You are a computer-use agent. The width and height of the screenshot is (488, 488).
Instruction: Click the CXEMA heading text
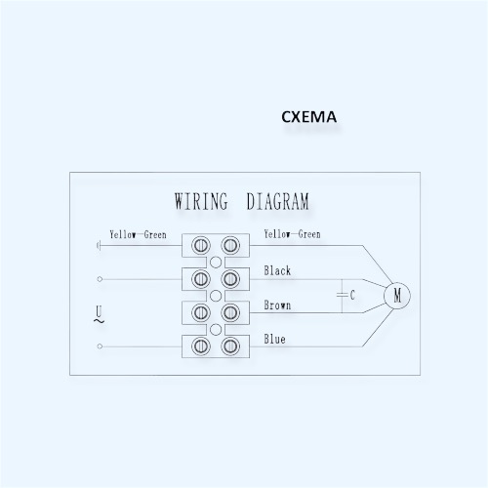pos(308,117)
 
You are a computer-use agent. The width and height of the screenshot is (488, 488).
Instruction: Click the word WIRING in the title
pos(201,201)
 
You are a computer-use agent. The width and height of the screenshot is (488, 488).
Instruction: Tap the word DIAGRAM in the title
pos(277,201)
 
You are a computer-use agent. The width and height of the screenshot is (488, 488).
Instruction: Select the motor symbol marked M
pos(397,296)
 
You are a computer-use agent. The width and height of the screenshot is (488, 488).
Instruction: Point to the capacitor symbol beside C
pos(342,296)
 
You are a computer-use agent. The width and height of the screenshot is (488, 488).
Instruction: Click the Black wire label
pos(277,270)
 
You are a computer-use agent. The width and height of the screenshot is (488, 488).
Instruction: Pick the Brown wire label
pos(277,305)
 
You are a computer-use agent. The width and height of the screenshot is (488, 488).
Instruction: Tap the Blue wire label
pos(274,339)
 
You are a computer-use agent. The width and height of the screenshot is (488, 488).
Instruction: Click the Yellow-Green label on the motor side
pos(292,234)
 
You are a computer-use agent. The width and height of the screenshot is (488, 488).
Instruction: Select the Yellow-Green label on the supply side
pos(138,234)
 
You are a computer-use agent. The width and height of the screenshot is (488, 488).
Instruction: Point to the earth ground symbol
pos(99,245)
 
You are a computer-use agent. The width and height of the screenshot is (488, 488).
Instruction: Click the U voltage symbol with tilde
pos(99,314)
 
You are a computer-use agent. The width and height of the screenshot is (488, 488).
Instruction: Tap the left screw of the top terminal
pos(201,245)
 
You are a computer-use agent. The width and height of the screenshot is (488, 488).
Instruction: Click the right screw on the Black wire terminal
pos(230,279)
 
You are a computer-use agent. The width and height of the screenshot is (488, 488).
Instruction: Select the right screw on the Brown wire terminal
pos(230,312)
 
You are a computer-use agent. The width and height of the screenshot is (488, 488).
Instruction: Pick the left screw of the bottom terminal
pos(201,346)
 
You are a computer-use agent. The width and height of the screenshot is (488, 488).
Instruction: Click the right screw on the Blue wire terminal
pos(230,346)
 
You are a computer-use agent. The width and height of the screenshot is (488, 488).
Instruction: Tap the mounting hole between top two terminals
pos(216,262)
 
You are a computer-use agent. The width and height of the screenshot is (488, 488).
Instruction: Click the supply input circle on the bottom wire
pos(100,346)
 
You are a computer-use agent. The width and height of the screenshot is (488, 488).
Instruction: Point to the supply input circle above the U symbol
pos(100,279)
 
